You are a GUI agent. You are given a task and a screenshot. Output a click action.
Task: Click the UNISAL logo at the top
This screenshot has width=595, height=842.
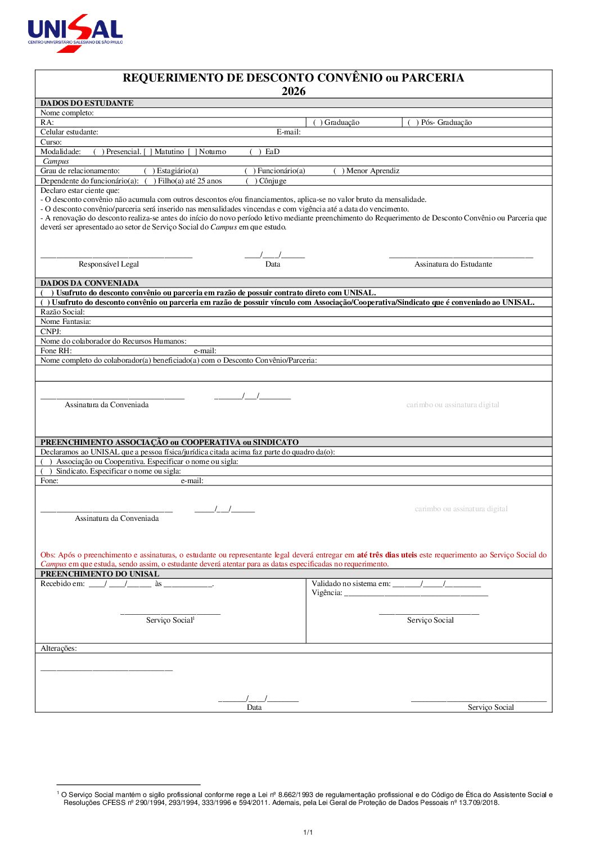coord(75,33)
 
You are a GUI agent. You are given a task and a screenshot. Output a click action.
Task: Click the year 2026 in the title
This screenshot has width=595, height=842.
coord(294,91)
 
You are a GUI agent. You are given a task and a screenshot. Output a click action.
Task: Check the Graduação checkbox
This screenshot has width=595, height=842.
coord(317,123)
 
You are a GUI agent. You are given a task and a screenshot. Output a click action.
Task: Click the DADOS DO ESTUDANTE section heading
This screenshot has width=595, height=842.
coord(87,103)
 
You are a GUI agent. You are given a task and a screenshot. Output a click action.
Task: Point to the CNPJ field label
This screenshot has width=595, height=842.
coord(51,331)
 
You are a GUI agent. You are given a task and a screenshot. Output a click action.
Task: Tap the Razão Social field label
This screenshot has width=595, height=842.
coord(62,312)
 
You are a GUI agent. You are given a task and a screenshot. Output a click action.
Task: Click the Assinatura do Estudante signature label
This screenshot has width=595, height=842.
coord(453,264)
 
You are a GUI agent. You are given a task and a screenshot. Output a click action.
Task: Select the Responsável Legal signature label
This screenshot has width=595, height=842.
coord(109,264)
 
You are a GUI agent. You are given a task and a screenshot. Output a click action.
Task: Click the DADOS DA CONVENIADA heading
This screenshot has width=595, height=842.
coord(89,283)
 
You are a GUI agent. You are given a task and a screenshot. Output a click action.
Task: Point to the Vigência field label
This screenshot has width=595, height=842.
coord(327,593)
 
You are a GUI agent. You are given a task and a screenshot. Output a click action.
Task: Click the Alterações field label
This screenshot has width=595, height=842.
coord(58,649)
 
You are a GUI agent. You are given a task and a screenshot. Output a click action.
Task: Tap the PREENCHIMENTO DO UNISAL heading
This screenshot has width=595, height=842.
coord(100,574)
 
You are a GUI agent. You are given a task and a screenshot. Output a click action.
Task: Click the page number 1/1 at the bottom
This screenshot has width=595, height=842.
coord(308,832)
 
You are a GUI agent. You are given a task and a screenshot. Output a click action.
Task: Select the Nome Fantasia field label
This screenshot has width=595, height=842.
coord(65,322)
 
